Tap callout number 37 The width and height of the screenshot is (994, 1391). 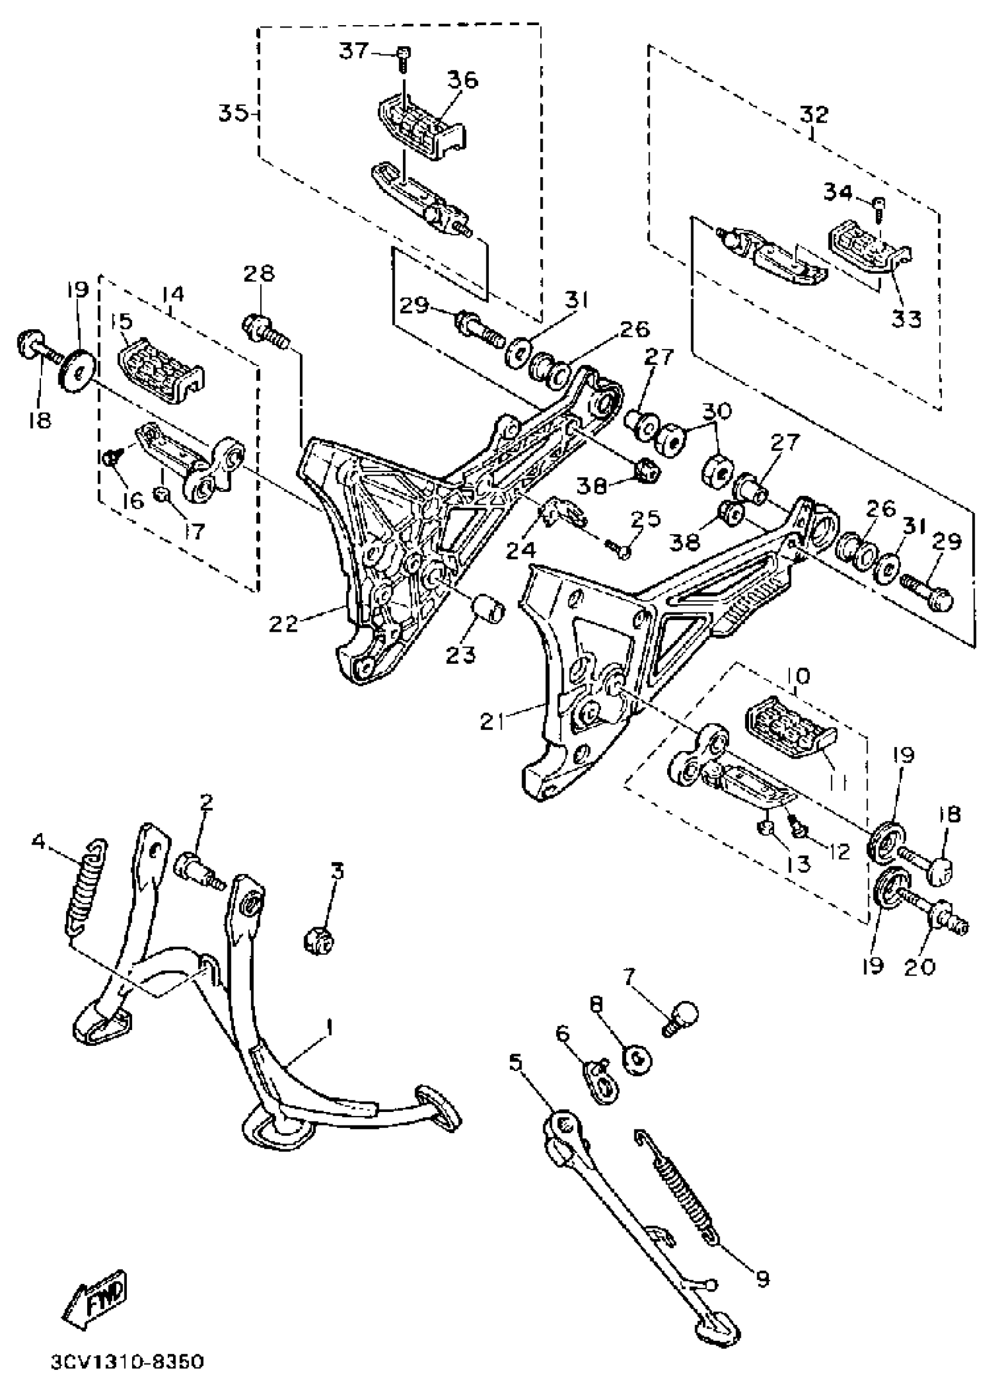coord(354,51)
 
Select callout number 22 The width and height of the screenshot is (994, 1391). coord(284,624)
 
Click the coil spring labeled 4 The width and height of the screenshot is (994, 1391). coord(87,885)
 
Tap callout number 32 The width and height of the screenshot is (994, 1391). coord(813,115)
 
